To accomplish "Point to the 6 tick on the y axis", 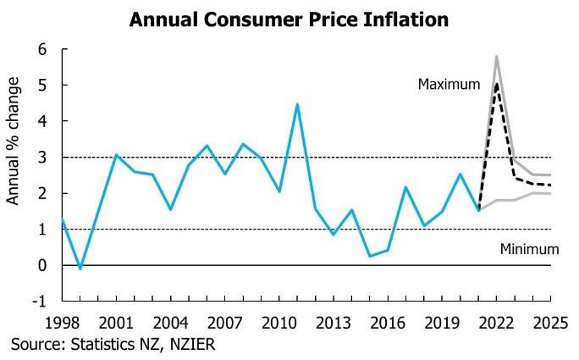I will click(x=41, y=50).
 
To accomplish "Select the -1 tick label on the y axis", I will click(x=39, y=301).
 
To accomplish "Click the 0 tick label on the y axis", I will click(x=41, y=265).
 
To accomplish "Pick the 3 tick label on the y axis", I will click(x=41, y=158).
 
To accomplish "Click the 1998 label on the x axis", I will click(x=61, y=323).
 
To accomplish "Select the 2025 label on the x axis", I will click(x=550, y=323).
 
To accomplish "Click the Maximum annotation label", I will click(x=449, y=85).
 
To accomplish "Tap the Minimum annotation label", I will click(x=529, y=249).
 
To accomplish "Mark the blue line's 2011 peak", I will click(x=297, y=104).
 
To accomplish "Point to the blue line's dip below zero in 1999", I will click(x=80, y=269).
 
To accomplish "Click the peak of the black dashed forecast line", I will click(x=496, y=85).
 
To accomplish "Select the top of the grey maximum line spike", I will click(x=496, y=57).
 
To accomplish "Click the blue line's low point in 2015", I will click(x=369, y=256).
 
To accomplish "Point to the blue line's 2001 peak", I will click(x=116, y=155).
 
